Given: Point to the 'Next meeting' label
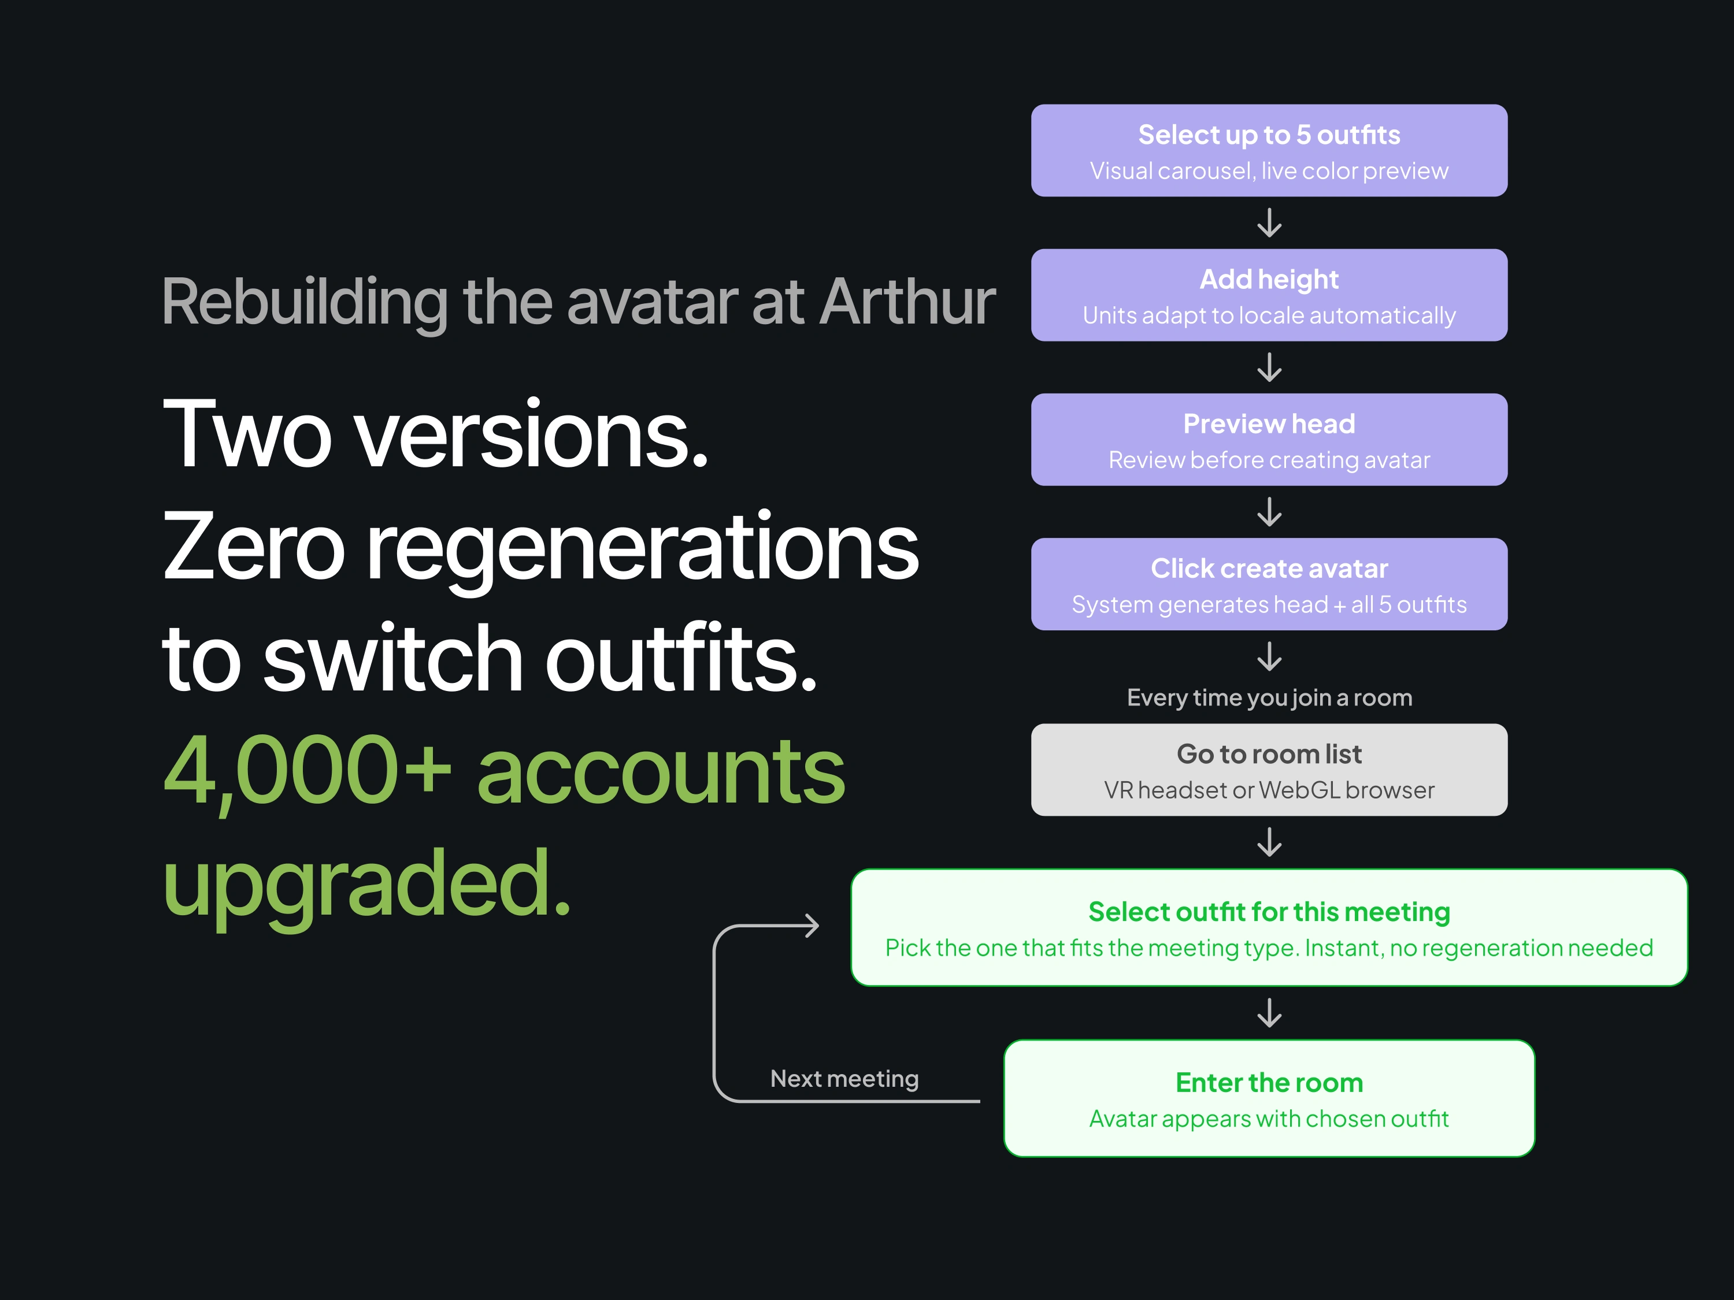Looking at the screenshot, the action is pos(844,1079).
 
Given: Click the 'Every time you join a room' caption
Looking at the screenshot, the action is pos(1269,697).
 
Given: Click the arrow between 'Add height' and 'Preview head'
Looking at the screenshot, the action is pos(1269,367).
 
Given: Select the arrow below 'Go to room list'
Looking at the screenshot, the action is pos(1269,842).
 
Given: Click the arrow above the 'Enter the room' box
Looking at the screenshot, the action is pos(1269,1012).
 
